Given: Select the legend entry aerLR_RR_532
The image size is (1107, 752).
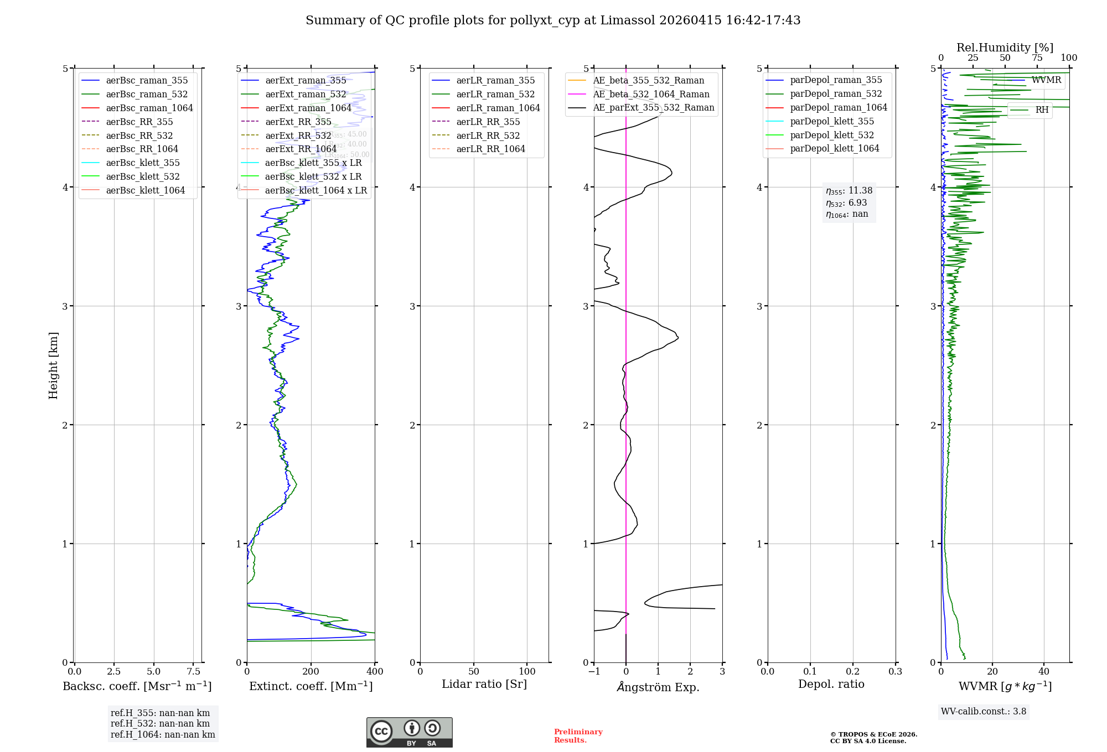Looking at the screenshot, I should click(488, 135).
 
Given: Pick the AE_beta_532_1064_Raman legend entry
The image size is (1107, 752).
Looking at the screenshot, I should click(651, 94).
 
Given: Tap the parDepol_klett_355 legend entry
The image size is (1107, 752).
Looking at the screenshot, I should click(832, 121).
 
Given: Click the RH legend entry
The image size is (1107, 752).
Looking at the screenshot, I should click(1042, 110).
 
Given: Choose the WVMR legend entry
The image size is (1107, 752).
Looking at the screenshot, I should click(1046, 80).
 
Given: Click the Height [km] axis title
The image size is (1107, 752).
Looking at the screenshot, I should click(53, 365).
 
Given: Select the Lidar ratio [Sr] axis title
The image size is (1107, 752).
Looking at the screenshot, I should click(484, 684).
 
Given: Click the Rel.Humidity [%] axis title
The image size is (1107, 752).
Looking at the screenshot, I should click(1005, 48).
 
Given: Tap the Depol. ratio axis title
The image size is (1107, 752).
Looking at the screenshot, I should click(831, 684).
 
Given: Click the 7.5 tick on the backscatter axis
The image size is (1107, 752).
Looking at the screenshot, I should click(193, 671).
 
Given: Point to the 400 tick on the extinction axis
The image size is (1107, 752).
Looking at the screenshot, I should click(375, 671).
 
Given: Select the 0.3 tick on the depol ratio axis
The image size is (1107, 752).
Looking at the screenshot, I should click(895, 671).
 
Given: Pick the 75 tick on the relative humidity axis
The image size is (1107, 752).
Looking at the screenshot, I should click(1037, 58).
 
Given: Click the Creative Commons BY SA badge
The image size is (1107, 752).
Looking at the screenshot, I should click(409, 732).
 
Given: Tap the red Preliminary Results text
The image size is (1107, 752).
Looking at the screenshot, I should click(578, 736).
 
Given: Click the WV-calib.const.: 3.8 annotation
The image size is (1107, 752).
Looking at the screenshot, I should click(984, 712).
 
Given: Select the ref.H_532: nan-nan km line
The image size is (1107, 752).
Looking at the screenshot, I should click(160, 723).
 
